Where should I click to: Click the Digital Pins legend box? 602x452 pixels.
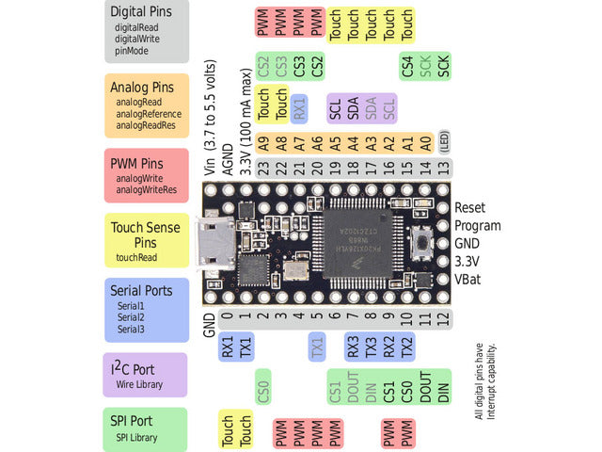(148, 31)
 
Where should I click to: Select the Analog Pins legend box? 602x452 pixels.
(148, 105)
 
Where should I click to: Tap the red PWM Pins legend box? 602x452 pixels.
(148, 176)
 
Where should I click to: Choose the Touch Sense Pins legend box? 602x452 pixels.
(148, 240)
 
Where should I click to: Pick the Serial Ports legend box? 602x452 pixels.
(148, 310)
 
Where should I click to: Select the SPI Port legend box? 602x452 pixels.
(148, 427)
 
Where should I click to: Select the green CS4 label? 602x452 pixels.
(407, 66)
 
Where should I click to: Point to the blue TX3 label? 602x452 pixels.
(372, 347)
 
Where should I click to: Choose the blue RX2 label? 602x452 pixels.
(389, 347)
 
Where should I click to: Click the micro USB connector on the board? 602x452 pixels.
(212, 243)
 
